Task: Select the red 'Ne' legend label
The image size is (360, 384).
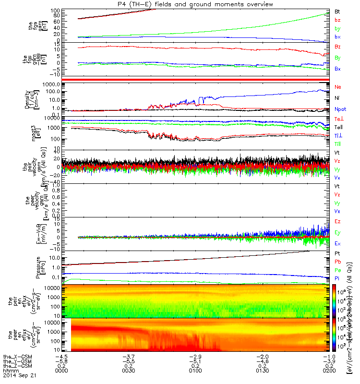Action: point(337,87)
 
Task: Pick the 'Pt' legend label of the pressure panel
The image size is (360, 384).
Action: point(337,252)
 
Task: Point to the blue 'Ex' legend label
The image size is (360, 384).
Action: point(337,244)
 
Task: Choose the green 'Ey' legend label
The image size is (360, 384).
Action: point(337,233)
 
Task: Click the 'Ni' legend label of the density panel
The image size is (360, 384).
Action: point(337,98)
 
